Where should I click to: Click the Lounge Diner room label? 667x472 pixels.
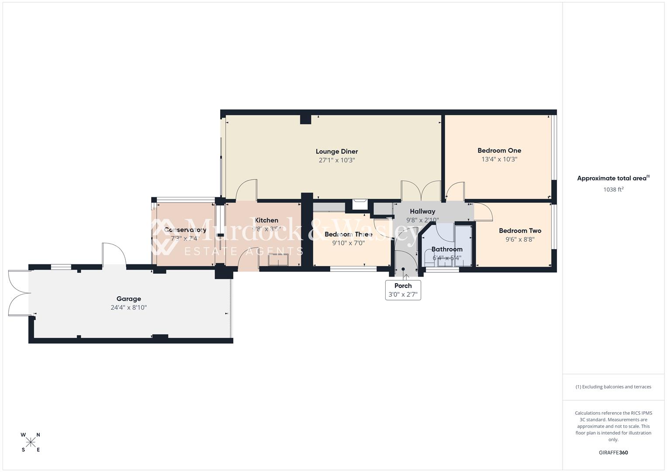point(336,152)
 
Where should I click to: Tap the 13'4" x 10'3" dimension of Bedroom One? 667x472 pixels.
point(499,160)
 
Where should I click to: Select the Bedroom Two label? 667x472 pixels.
point(520,231)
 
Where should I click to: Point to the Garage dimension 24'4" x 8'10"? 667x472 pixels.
point(128,308)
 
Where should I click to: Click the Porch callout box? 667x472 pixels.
point(403,290)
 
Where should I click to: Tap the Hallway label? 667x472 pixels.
point(422,212)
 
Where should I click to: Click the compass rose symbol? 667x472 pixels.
point(31,442)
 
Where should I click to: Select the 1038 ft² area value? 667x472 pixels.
point(613,190)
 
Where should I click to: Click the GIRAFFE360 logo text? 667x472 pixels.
point(613,453)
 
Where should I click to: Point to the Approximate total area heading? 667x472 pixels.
point(613,178)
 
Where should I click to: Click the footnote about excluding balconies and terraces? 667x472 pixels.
point(613,387)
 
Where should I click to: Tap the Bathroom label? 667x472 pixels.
point(446,250)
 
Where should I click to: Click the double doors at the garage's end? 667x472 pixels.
point(18,293)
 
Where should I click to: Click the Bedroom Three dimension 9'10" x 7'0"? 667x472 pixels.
point(348,243)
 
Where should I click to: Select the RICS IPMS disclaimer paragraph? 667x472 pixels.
point(613,426)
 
